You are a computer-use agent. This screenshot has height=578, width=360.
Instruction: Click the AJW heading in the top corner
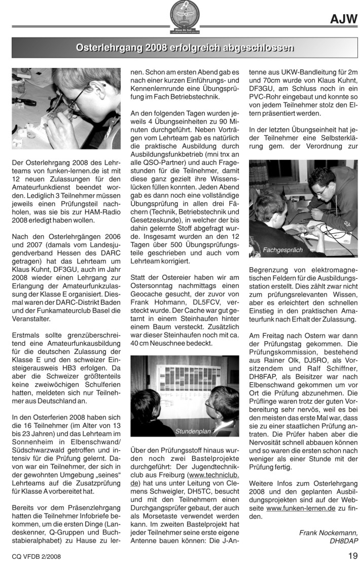coord(343,19)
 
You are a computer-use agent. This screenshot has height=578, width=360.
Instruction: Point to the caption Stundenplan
coord(192,431)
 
